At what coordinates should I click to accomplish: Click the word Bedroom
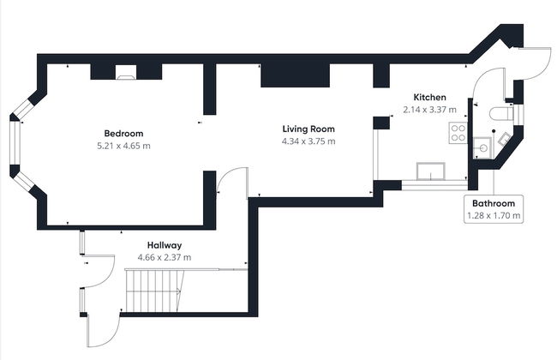point(123,134)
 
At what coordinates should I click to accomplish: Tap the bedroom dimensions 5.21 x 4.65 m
point(123,146)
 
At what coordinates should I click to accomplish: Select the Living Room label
point(308,129)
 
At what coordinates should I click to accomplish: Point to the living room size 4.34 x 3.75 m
point(308,141)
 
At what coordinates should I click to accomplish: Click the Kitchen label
point(430,97)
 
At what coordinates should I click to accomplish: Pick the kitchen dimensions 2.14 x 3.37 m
point(430,110)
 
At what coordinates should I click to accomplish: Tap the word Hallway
point(165,245)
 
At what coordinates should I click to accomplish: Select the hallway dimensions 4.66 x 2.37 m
point(165,257)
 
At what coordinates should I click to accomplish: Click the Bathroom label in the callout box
point(494,204)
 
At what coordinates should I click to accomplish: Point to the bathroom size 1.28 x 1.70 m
point(494,215)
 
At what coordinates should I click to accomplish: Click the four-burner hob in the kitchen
point(458,133)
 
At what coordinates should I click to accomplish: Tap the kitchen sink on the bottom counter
point(431,171)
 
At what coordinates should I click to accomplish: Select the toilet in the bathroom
point(501,114)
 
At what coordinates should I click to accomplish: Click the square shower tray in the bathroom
point(482,147)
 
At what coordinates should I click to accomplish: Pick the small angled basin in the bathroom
point(505,138)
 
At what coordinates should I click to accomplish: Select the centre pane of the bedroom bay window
point(15,144)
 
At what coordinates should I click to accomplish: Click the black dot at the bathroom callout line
point(494,131)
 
